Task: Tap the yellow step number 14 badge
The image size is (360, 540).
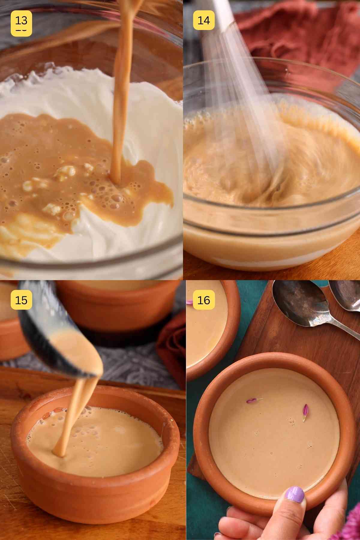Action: [x=204, y=20]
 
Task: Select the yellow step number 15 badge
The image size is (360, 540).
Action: [x=21, y=300]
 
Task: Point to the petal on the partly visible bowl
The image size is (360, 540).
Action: [x=190, y=303]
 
